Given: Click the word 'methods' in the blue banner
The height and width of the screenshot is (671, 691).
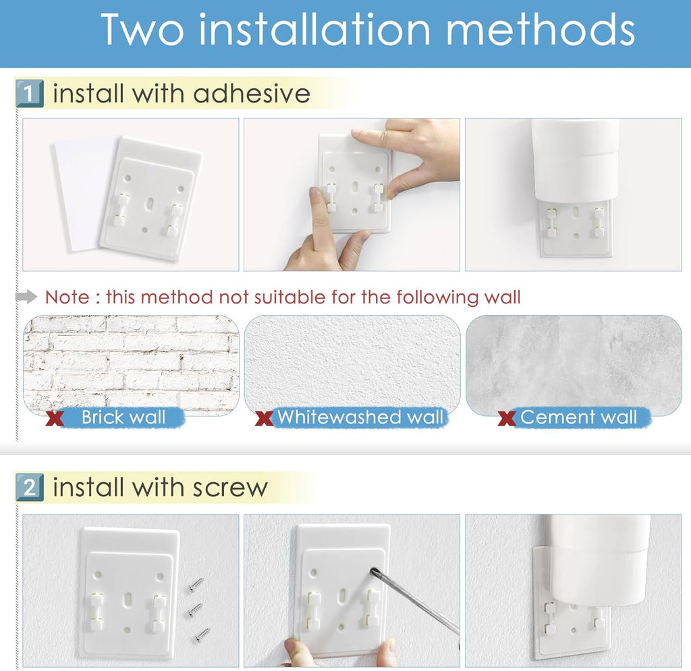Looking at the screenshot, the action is click(540, 29).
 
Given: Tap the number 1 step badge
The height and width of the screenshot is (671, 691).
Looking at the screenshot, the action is click(29, 93).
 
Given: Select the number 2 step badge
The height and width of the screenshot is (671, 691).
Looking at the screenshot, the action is click(29, 488).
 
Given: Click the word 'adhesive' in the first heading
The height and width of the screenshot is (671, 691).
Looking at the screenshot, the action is click(252, 93).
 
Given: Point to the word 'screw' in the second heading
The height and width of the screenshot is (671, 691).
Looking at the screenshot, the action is click(229, 488).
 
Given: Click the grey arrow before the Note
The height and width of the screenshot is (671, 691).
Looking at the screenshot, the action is click(26, 297).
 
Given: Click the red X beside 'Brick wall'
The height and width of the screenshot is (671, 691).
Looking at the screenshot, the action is click(55, 418).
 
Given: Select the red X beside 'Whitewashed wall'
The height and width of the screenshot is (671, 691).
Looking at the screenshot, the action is click(264, 418).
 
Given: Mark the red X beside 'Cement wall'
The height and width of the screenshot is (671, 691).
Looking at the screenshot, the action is click(507, 418).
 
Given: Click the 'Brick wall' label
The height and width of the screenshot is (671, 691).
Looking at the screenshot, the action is click(123, 417).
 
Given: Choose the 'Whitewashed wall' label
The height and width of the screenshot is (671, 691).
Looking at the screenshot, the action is click(360, 417).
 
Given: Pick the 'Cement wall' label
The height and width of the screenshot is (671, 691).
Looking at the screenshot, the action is click(578, 417).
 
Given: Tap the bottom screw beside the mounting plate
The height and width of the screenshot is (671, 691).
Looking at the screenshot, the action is click(202, 635).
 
